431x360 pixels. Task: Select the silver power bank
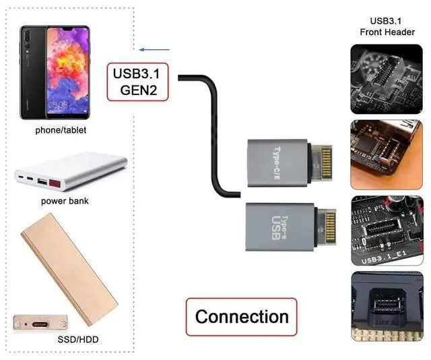pos(71,173)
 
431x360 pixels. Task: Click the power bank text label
pos(65,201)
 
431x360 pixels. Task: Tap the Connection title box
pos(241,316)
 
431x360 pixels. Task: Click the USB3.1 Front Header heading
pos(387,26)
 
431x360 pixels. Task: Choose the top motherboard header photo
pos(386,78)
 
